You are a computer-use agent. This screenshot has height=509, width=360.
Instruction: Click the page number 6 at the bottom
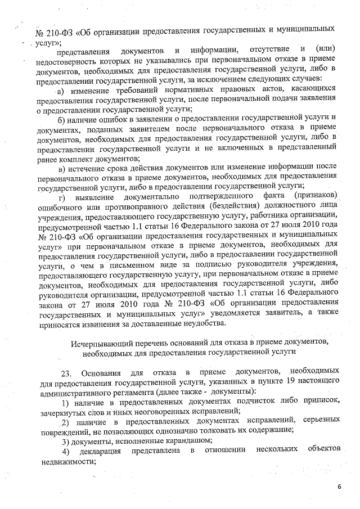(x=339, y=486)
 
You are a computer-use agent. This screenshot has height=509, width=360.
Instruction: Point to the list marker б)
(x=63, y=119)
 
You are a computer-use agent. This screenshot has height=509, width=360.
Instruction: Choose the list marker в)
(x=63, y=167)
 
